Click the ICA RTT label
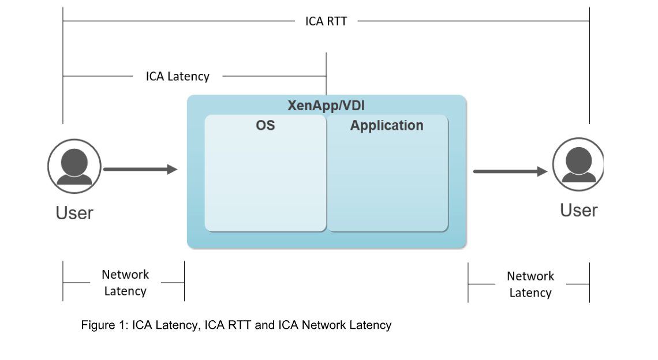pyautogui.click(x=326, y=21)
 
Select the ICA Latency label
pyautogui.click(x=177, y=76)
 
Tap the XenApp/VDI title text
pyautogui.click(x=326, y=106)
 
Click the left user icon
pyautogui.click(x=74, y=166)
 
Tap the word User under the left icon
pyautogui.click(x=74, y=213)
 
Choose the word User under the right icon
pyautogui.click(x=578, y=211)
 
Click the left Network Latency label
pyautogui.click(x=125, y=283)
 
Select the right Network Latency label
pyautogui.click(x=530, y=284)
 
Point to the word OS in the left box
pyautogui.click(x=266, y=125)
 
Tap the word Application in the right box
pyautogui.click(x=387, y=125)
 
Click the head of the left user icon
pyautogui.click(x=74, y=158)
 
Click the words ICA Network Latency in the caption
pyautogui.click(x=335, y=325)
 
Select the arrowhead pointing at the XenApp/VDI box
pyautogui.click(x=172, y=169)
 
